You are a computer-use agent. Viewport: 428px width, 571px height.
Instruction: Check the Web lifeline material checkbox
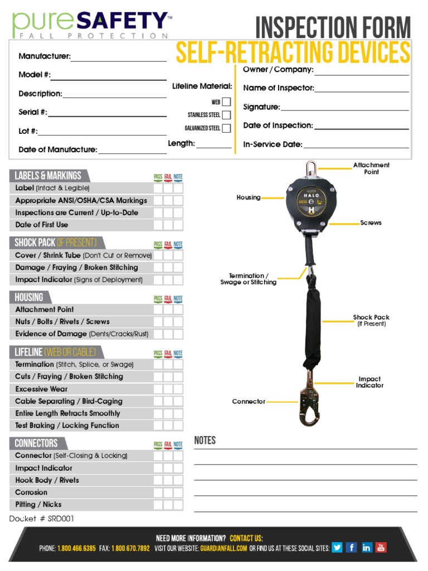226,102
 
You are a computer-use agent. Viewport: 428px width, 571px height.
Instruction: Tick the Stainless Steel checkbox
226,115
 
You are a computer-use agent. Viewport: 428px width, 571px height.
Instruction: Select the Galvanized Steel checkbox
226,128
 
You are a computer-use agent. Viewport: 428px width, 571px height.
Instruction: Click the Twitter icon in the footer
337,547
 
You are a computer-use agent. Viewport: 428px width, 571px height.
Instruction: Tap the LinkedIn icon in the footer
366,547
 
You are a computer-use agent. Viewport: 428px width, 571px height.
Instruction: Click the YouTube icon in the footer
381,547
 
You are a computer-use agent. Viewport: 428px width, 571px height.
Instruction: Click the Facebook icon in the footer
351,547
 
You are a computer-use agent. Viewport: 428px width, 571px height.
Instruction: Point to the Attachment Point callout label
371,168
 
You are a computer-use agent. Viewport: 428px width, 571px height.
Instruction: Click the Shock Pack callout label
371,320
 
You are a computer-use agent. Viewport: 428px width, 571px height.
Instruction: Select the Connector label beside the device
249,401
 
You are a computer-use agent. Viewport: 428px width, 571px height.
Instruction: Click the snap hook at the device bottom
307,404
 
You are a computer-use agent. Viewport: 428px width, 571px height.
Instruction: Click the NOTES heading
205,441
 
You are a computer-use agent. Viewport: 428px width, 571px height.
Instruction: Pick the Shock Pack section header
55,243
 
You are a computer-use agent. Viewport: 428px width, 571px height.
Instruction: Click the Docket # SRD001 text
42,519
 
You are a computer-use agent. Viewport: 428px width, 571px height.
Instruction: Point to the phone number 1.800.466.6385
76,548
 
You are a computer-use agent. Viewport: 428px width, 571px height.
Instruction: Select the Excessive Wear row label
41,389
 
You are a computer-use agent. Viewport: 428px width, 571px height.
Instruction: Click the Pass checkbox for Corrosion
158,492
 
